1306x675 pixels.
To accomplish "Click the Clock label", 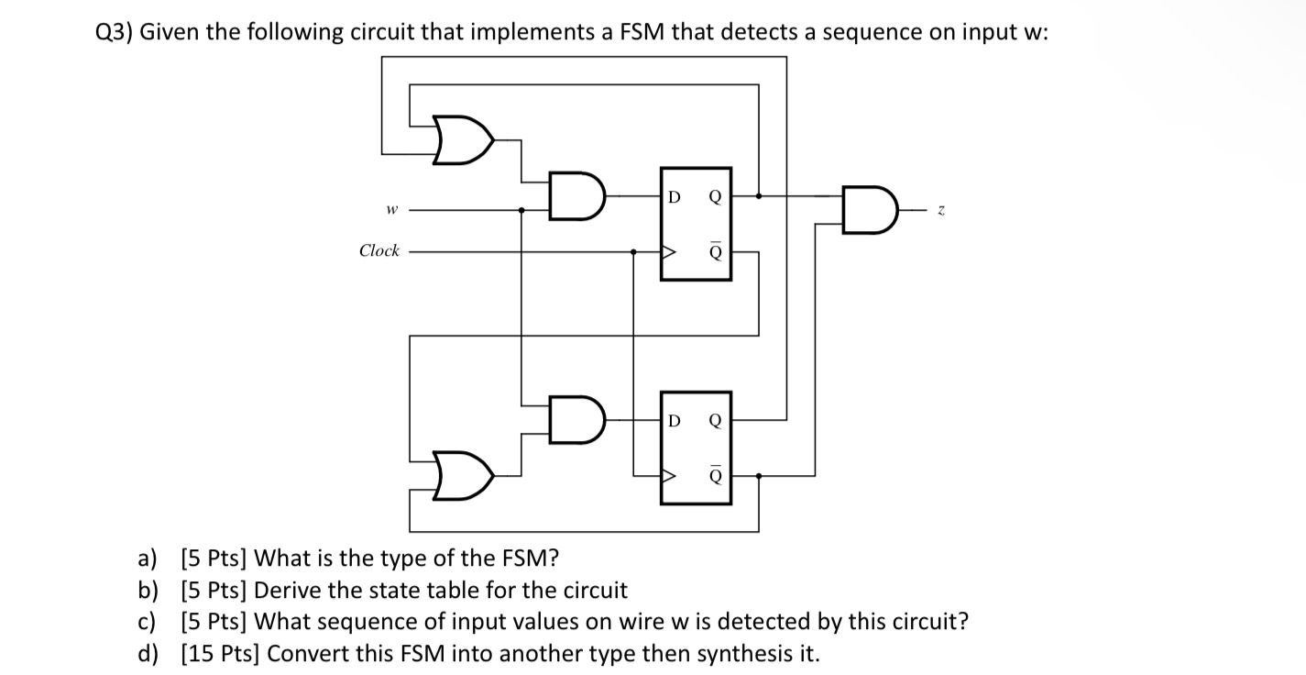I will [x=379, y=250].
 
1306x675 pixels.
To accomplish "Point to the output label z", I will [x=940, y=210].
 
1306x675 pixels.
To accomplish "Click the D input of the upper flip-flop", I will [x=674, y=196].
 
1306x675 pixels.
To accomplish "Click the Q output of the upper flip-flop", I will [x=715, y=196].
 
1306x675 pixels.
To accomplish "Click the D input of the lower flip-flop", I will [x=674, y=421].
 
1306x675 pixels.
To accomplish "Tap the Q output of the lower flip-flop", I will [x=715, y=421].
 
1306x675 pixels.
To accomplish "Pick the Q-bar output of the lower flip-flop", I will [x=715, y=475].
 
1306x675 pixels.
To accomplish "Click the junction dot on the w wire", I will [x=521, y=210].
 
